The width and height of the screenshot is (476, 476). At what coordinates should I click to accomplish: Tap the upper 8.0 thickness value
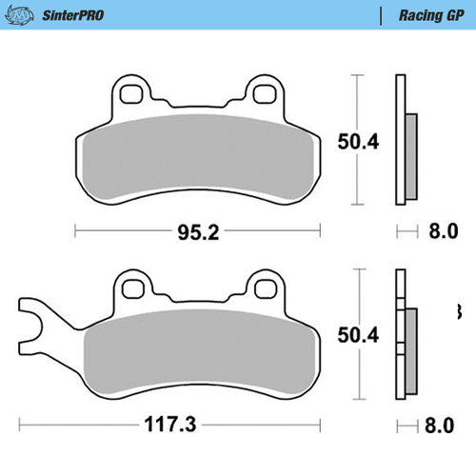(443, 230)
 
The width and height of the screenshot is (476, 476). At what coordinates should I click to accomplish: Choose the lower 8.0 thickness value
(443, 425)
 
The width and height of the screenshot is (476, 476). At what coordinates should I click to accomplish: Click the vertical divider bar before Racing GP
(381, 15)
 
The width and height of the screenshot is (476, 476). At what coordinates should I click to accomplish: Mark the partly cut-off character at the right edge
(459, 311)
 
